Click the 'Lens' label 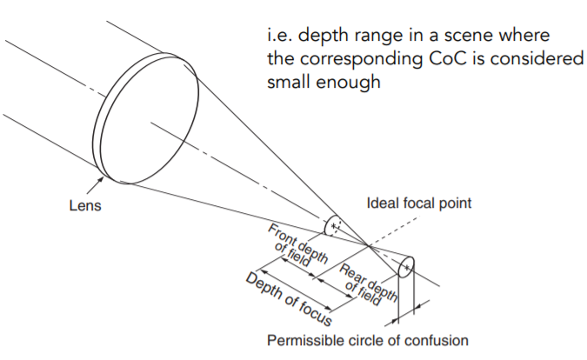[84, 206]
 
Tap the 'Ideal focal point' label [420, 203]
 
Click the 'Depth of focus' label [288, 296]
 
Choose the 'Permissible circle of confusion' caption [368, 339]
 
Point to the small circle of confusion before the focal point [332, 225]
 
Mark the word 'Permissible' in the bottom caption [304, 339]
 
